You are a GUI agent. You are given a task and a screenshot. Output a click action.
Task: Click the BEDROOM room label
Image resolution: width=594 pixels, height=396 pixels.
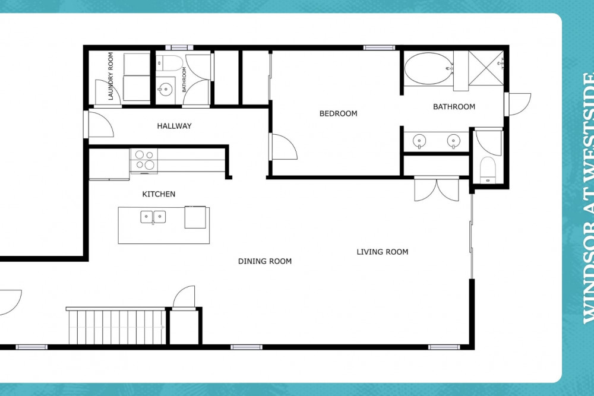tap(339, 113)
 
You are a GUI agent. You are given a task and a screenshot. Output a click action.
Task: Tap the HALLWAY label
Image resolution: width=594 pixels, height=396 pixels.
tap(174, 126)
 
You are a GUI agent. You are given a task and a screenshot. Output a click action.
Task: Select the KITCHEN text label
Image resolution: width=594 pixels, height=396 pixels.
tap(159, 194)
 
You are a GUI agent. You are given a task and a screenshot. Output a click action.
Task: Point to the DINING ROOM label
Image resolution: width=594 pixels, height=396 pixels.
tap(265, 261)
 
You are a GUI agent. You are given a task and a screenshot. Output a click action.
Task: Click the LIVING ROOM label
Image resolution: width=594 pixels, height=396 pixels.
tap(383, 252)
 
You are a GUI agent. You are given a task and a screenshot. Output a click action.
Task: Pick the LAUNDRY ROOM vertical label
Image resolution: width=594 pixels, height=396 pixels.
tap(110, 76)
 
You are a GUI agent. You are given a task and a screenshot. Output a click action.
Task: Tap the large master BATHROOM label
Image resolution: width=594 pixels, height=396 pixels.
tap(454, 107)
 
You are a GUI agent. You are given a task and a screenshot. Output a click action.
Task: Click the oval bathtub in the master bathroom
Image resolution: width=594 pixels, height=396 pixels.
tap(428, 68)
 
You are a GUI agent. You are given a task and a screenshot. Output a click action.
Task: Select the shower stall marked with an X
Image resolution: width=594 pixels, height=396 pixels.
tap(486, 68)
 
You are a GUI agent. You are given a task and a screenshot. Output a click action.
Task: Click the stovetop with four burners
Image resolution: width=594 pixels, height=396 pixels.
tap(144, 160)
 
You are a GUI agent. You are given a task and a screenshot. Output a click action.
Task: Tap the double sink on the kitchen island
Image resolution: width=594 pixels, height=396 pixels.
tap(153, 217)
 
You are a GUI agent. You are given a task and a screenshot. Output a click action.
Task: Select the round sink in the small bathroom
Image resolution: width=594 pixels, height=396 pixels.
tap(166, 90)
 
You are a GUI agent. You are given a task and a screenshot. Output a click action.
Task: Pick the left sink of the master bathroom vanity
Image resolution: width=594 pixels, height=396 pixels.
tap(419, 141)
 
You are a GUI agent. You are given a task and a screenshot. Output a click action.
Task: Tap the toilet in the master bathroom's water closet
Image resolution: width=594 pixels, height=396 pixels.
tap(488, 170)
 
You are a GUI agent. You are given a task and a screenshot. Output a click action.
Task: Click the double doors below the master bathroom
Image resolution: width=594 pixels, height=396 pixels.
tap(437, 189)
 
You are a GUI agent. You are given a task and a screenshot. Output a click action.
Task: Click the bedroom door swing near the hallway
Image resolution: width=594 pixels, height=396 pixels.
tap(283, 147)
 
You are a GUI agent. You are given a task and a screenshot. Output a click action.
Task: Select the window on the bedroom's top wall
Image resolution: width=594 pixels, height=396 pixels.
tap(379, 47)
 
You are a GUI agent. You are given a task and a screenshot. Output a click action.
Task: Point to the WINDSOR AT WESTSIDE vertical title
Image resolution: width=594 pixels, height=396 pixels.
tap(589, 198)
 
